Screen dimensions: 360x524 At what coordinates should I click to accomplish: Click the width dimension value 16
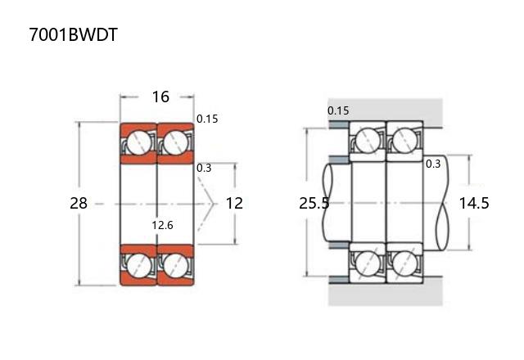pyautogui.click(x=160, y=97)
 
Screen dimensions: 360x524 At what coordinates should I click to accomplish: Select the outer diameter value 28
pyautogui.click(x=79, y=203)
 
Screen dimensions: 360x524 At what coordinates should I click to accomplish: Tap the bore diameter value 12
pyautogui.click(x=234, y=203)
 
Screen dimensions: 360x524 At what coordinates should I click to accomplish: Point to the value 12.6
pyautogui.click(x=162, y=225)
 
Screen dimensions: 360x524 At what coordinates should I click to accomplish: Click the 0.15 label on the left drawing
pyautogui.click(x=207, y=119)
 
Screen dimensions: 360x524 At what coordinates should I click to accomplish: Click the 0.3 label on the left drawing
pyautogui.click(x=204, y=168)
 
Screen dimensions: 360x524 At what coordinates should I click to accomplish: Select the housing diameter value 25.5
pyautogui.click(x=314, y=203)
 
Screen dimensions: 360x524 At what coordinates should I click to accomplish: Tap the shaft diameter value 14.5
pyautogui.click(x=474, y=203)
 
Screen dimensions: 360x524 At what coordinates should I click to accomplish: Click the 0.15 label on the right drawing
pyautogui.click(x=338, y=110)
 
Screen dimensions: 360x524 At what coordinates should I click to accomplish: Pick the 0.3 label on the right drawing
pyautogui.click(x=433, y=164)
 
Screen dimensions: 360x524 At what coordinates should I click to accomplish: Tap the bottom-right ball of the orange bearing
pyautogui.click(x=174, y=264)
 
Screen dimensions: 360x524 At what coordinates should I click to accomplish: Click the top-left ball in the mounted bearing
pyautogui.click(x=368, y=142)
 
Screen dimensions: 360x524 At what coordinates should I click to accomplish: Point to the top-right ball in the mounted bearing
pyautogui.click(x=403, y=142)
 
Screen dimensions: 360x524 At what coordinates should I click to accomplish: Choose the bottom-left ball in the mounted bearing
pyautogui.click(x=368, y=263)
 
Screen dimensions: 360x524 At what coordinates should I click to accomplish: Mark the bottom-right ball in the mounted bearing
pyautogui.click(x=403, y=263)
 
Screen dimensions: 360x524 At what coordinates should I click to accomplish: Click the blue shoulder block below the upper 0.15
pyautogui.click(x=338, y=124)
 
